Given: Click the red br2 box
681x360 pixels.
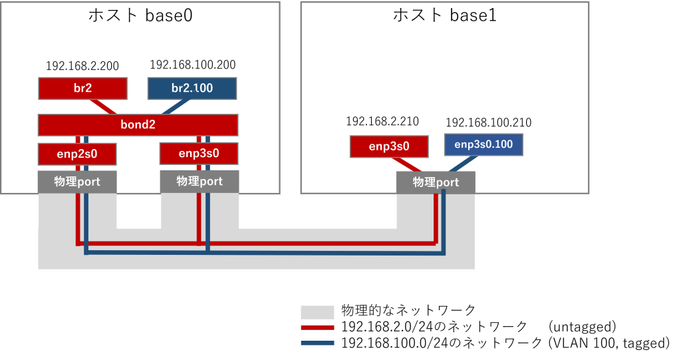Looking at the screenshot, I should pos(82,89).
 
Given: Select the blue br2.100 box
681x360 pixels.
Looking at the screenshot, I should pos(192,89).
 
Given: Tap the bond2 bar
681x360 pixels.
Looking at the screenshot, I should pos(138,124).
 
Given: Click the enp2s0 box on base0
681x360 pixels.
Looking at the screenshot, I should pos(77,154).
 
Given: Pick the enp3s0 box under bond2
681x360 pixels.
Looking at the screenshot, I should pos(199,154).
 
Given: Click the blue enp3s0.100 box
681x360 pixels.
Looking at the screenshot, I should pos(483,144).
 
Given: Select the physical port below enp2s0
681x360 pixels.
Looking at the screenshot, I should pos(77,182).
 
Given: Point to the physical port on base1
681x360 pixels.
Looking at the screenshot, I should pos(436,182).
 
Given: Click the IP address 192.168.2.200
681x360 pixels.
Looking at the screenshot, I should pos(82,66).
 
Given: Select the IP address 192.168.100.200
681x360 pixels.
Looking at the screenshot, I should pos(193,65).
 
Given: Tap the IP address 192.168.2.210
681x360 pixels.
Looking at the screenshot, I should pos(382,122).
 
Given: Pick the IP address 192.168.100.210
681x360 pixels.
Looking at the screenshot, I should pos(489,123).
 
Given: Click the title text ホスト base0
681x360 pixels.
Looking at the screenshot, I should pos(140,16).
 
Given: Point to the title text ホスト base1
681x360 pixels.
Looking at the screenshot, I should pos(445,16).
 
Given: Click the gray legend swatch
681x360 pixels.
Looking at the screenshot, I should pos(317,312).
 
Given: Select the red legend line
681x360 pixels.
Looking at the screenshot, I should pos(317,327).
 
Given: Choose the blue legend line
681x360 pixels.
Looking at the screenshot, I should pos(317,343).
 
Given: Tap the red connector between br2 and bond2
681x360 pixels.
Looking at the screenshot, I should pos(104,107).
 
